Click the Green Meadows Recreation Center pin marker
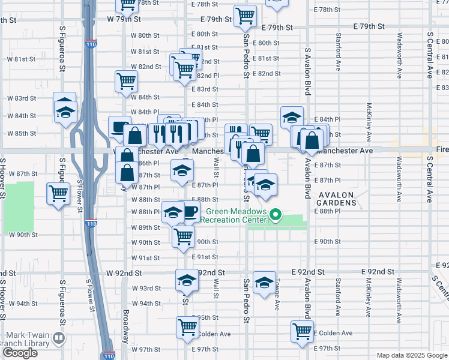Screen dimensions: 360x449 276,214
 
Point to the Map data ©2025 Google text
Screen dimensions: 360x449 411,355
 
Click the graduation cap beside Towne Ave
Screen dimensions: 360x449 264,283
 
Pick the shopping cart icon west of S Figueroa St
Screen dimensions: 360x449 58,194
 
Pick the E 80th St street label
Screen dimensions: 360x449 266,43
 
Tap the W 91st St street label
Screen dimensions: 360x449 145,258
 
